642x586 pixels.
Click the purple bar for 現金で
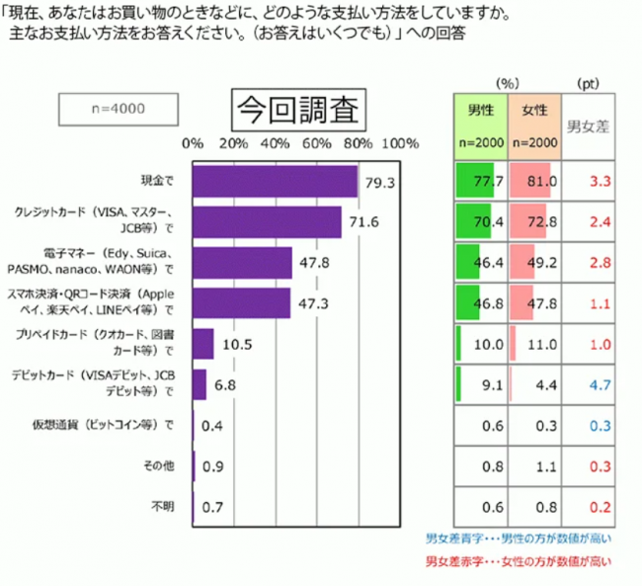coord(275,182)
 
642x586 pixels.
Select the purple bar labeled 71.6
coord(267,222)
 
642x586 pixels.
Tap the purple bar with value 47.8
coord(242,263)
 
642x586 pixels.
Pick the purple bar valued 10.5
coord(203,344)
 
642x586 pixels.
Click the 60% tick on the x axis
coord(317,144)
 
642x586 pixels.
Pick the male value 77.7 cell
coord(480,182)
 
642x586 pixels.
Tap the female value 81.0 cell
coord(534,182)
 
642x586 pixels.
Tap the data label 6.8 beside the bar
coord(224,384)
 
